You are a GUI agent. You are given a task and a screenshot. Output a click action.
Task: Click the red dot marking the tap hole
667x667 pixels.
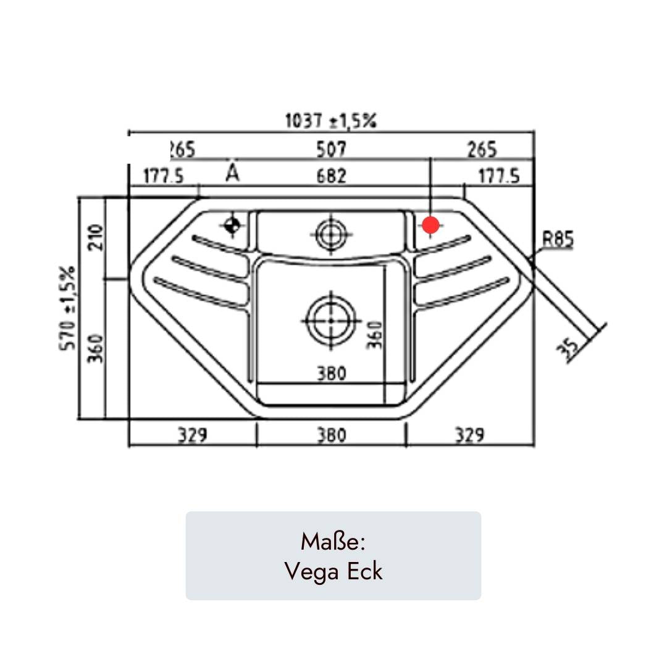click(x=430, y=225)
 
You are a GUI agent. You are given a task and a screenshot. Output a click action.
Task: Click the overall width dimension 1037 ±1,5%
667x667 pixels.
click(x=330, y=121)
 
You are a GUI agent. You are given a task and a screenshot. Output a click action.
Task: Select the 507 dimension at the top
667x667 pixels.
click(x=332, y=149)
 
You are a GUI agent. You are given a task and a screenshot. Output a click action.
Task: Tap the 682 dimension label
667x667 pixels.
click(x=332, y=176)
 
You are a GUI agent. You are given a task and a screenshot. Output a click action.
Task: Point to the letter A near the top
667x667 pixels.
click(x=232, y=174)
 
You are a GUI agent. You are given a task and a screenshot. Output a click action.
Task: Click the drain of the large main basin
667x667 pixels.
click(x=332, y=321)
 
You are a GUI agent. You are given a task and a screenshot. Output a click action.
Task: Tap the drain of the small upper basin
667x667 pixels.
click(x=332, y=235)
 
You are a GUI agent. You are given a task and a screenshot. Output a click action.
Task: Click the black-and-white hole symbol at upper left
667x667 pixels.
click(x=232, y=226)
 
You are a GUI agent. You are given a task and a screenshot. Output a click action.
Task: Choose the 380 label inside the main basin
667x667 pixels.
click(x=332, y=373)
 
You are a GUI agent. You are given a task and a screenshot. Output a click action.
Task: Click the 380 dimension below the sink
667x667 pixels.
click(x=332, y=435)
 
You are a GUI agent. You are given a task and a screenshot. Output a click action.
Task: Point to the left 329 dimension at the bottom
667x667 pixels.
click(x=193, y=435)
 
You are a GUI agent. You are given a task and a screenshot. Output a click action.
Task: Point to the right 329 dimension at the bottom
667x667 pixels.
click(x=469, y=435)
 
